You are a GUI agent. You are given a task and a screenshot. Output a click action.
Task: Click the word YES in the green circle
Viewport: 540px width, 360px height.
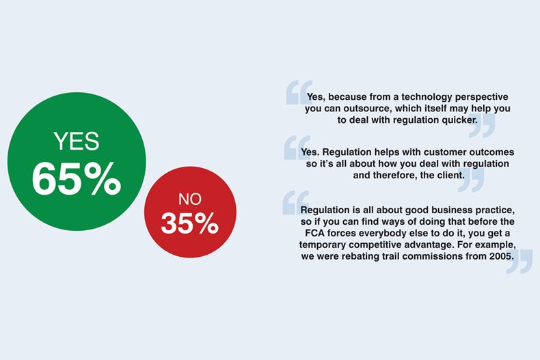[x=77, y=141]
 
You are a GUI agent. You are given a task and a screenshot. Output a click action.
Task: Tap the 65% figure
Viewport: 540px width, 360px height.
[x=77, y=179]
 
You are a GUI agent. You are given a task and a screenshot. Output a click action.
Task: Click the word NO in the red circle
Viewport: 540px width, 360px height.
[x=190, y=199]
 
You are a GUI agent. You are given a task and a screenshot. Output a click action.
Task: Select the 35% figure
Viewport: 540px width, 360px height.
[x=190, y=223]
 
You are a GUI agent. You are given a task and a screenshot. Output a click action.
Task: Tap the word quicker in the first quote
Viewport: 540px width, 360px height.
[x=460, y=120]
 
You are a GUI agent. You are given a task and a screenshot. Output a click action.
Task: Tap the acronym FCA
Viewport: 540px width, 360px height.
[x=314, y=234]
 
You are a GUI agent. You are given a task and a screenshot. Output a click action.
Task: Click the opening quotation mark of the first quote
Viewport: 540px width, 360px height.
[x=299, y=92]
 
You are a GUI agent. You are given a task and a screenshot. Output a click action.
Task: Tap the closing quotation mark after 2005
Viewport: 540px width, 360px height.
[x=519, y=262]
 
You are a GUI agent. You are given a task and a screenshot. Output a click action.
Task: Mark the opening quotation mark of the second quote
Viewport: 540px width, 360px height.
[x=297, y=148]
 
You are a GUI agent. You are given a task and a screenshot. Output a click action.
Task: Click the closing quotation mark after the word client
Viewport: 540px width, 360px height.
[x=471, y=180]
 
